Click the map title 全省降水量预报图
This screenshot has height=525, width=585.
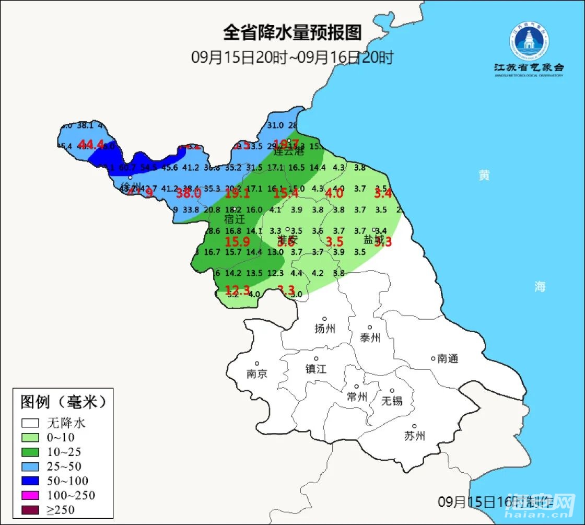pos(292,33)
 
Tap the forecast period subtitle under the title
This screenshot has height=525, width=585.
pos(292,57)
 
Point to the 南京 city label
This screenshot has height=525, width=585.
pos(257,374)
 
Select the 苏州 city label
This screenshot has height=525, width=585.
pos(415,436)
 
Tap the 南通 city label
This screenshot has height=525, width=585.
pos(448,358)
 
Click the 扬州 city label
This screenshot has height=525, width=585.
pos(325,329)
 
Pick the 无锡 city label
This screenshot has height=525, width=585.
pos(392,401)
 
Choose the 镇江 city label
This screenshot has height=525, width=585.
pos(316,368)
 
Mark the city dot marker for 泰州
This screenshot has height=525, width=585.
pos(370,328)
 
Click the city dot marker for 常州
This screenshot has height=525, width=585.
pos(357,387)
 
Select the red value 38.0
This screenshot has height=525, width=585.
pos(189,193)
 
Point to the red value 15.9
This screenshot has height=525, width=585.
pos(237,242)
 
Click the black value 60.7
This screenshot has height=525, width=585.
pos(127,168)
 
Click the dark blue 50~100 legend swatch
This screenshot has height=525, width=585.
pos(31,481)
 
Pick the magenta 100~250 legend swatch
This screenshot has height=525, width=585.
pos(31,495)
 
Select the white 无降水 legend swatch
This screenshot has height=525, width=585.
pos(31,423)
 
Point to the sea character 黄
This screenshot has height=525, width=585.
pos(485,176)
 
